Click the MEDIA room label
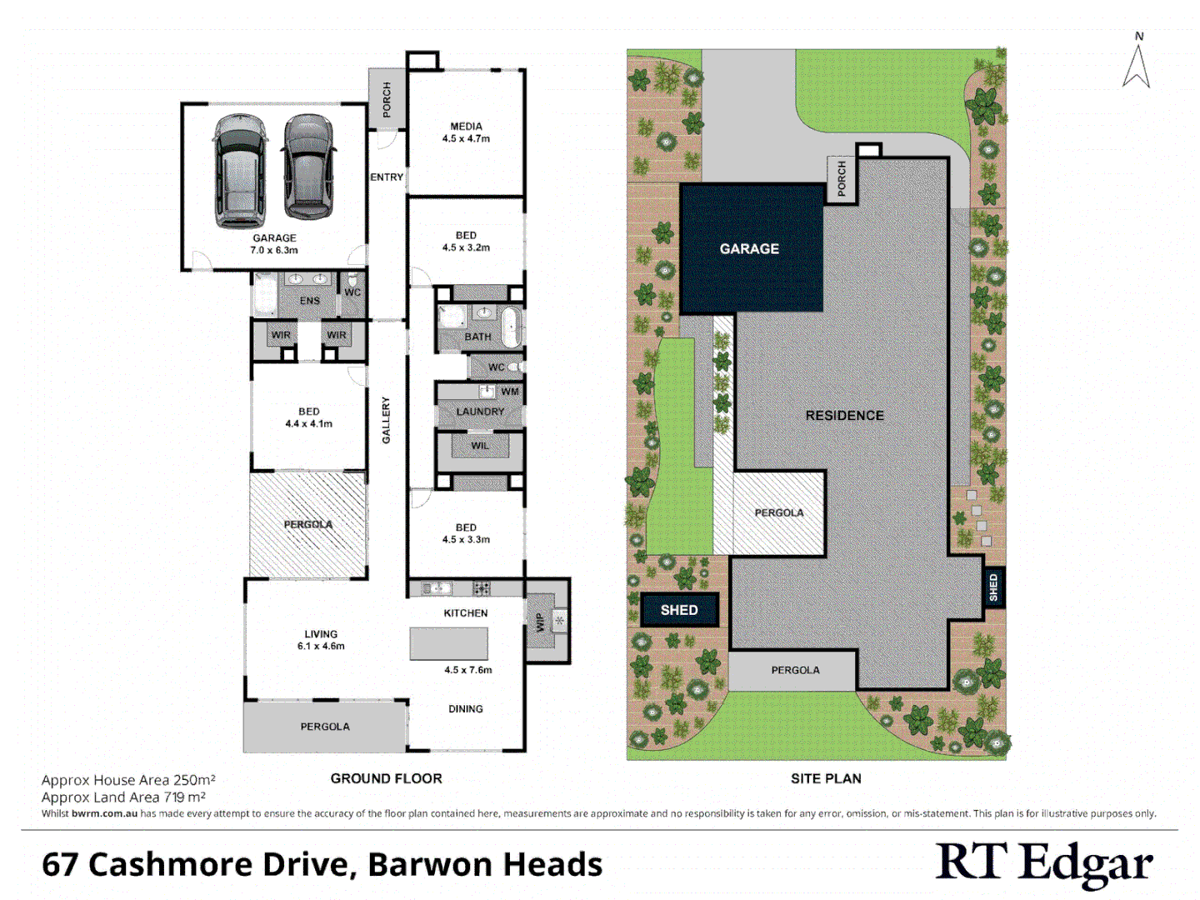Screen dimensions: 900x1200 click(x=466, y=127)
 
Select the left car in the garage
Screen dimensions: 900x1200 click(x=240, y=171)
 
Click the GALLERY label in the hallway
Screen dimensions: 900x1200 click(x=386, y=420)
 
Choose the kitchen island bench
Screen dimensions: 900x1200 click(x=448, y=644)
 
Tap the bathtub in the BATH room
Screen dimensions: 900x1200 click(x=510, y=327)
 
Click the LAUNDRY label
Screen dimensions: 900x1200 click(x=480, y=412)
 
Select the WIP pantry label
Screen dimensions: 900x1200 click(x=540, y=622)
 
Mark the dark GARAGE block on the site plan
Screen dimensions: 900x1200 click(x=751, y=248)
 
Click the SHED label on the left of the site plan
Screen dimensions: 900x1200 click(x=679, y=610)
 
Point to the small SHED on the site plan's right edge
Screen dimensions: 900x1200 click(x=993, y=587)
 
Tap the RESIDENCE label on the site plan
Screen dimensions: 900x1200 click(x=844, y=415)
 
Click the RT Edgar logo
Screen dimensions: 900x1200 click(x=1045, y=864)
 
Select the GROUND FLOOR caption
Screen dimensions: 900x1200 click(x=386, y=778)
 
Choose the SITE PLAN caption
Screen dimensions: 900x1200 click(x=826, y=778)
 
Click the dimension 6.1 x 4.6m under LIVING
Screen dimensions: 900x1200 click(x=321, y=646)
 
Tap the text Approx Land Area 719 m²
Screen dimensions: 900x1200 click(x=123, y=797)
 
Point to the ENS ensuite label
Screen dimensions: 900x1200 click(x=309, y=301)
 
